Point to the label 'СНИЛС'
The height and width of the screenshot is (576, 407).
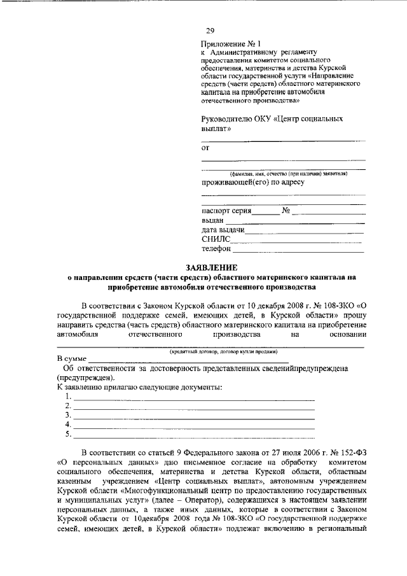click(214, 239)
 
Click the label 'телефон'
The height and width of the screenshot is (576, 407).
click(217, 249)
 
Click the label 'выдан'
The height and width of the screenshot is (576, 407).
click(213, 220)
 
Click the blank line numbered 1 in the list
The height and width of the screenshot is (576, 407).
click(194, 398)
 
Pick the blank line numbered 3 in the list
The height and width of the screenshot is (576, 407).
click(194, 417)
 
